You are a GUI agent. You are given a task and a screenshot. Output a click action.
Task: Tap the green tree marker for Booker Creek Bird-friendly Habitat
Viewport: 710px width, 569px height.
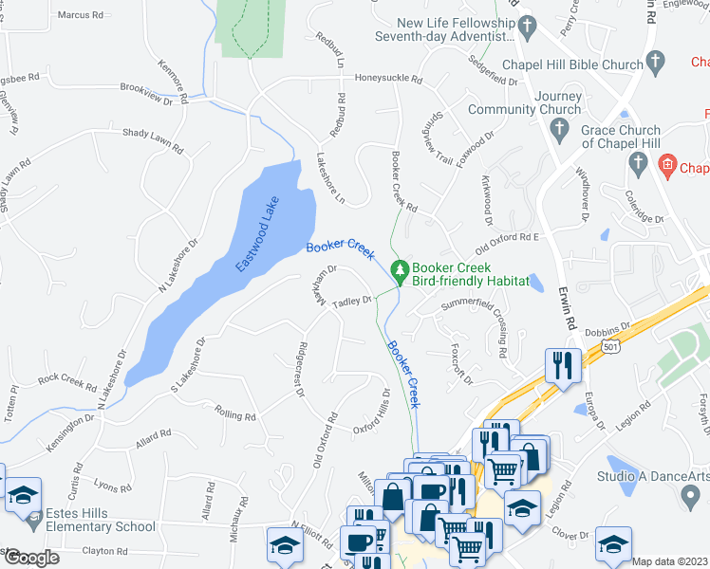click(401, 271)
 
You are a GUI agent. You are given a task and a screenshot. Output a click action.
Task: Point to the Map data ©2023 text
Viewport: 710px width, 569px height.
click(670, 560)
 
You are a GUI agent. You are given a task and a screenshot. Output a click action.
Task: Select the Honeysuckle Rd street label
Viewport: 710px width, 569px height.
click(388, 80)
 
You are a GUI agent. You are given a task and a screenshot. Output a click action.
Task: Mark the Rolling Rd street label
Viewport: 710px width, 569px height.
click(236, 415)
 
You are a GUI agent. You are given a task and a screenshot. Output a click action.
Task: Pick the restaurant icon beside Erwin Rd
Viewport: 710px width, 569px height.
click(563, 366)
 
